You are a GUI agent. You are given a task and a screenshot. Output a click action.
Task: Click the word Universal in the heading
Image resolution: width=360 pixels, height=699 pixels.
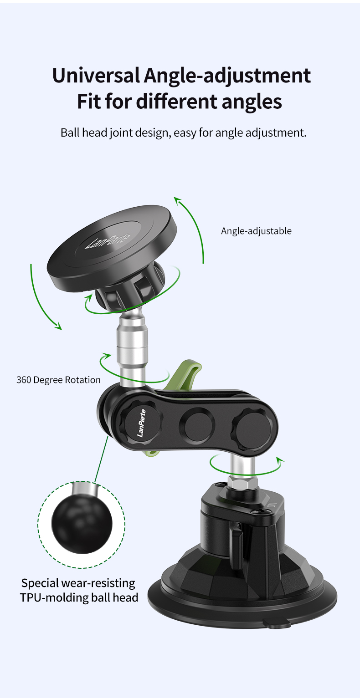coord(96,76)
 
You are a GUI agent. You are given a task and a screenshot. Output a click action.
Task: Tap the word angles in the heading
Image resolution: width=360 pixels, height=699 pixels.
coord(252,102)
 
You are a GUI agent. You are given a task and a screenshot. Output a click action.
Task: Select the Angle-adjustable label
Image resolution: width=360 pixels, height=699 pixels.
coord(257,231)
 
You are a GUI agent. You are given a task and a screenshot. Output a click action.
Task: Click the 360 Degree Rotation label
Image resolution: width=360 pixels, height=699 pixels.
coord(58,380)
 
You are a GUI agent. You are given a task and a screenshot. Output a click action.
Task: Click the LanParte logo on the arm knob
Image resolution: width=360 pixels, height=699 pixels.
coord(141,423)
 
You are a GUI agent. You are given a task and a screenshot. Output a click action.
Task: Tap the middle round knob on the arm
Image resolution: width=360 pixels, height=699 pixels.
coord(197,425)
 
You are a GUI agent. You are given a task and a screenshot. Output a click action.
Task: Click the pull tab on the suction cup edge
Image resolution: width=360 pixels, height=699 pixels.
coord(276,624)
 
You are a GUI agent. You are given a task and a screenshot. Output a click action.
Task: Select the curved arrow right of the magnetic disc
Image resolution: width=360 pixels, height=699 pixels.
coord(190,230)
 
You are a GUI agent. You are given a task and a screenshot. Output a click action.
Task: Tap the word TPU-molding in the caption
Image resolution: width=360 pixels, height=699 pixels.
coord(54,597)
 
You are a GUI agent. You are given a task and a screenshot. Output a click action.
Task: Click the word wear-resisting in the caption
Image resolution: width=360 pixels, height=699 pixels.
coord(98,583)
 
